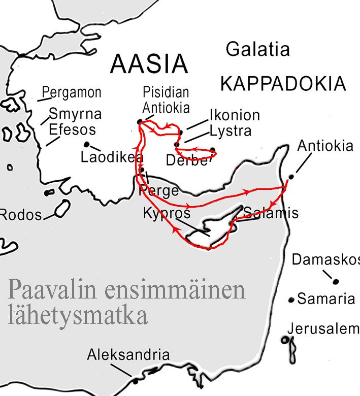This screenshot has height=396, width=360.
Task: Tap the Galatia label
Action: (x=257, y=50)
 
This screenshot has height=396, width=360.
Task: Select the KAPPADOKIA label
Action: (x=283, y=84)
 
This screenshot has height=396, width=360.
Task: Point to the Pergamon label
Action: (x=72, y=93)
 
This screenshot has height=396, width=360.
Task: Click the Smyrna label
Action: (x=75, y=113)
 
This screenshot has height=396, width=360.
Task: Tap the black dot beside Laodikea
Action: (x=87, y=144)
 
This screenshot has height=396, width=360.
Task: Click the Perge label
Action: (x=158, y=190)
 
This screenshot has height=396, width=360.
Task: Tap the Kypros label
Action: (x=167, y=212)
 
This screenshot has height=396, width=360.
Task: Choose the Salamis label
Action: (x=271, y=212)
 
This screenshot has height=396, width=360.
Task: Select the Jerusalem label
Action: (x=323, y=329)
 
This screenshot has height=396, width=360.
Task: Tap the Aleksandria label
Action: (x=128, y=354)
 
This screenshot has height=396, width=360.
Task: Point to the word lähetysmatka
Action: (x=78, y=315)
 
